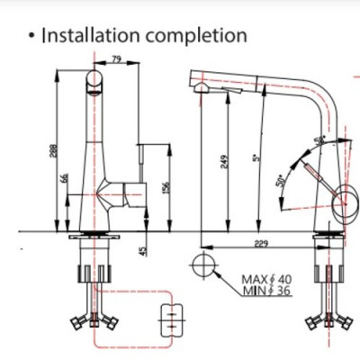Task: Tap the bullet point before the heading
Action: tap(31, 37)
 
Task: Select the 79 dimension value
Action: tap(118, 61)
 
